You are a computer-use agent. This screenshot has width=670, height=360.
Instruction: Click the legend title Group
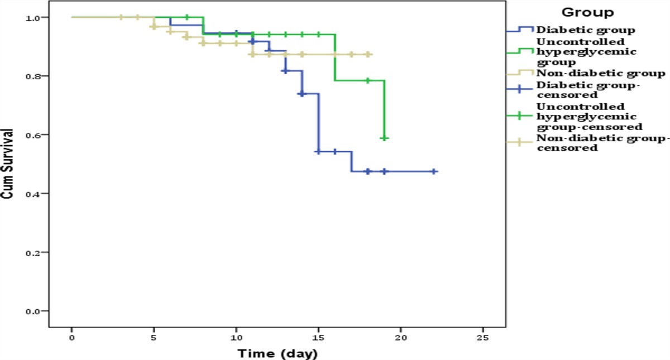click(x=588, y=12)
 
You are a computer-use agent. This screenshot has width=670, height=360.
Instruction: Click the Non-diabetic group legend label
click(x=600, y=73)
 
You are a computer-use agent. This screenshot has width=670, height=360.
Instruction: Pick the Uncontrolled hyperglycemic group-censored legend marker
click(x=519, y=116)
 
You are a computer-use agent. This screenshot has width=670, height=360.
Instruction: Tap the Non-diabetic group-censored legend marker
click(x=519, y=143)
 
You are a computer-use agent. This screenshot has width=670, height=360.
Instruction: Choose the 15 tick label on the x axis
click(x=318, y=338)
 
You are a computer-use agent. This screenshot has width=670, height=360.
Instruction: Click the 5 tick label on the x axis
click(x=154, y=338)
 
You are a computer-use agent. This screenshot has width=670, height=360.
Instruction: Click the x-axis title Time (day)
click(x=277, y=353)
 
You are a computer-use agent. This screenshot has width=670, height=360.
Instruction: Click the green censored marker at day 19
click(x=384, y=138)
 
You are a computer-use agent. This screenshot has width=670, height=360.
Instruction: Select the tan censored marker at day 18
click(x=368, y=55)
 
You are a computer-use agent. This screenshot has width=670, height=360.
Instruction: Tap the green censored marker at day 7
click(x=187, y=17)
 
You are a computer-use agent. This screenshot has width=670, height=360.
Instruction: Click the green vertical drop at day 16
click(x=335, y=57)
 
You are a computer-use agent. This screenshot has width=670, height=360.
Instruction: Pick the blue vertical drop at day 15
click(x=318, y=123)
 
